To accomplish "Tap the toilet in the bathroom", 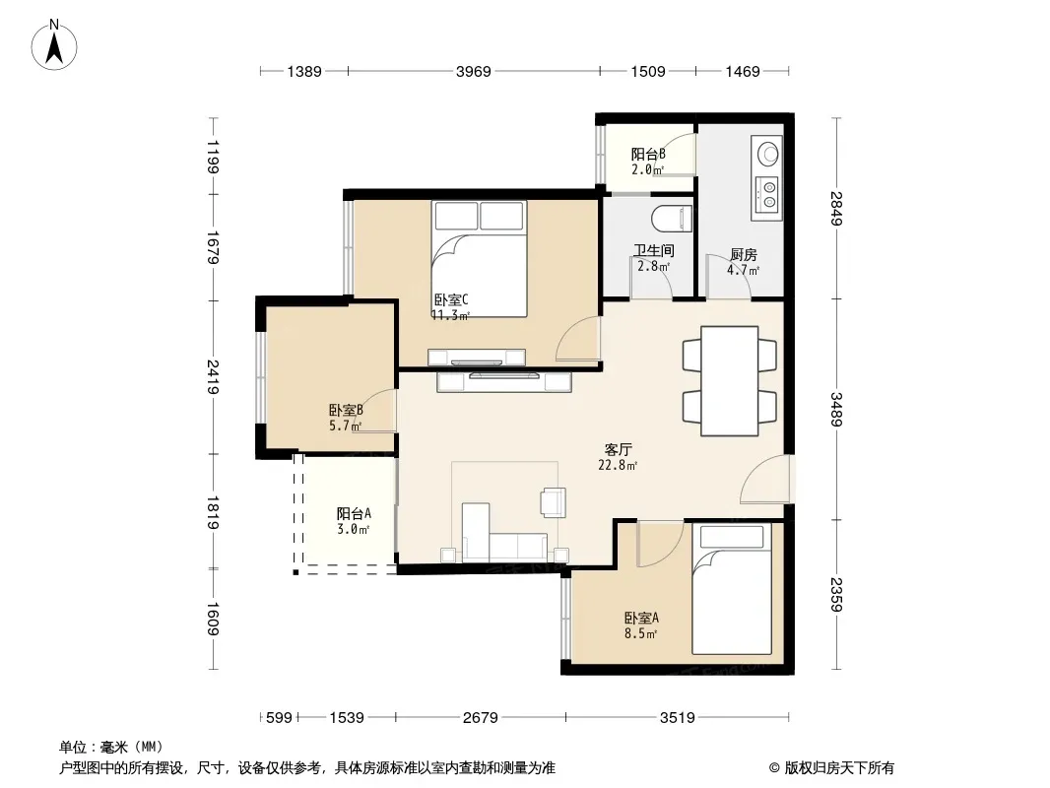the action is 672,218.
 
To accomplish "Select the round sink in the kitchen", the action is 767,154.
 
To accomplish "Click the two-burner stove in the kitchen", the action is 768,193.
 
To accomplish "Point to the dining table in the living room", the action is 730,381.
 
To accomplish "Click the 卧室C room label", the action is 451,299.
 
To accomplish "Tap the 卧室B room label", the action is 346,409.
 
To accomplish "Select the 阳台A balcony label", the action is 354,513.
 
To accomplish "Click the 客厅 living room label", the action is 618,449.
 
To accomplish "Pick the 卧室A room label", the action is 641,618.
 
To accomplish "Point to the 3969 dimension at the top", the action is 474,71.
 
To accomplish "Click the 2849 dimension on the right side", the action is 836,208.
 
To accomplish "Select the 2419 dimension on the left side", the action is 213,377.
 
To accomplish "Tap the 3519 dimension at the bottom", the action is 677,718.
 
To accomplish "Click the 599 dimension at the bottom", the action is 279,718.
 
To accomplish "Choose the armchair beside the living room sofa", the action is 554,502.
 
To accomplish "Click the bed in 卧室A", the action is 732,589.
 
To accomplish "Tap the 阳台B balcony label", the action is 648,154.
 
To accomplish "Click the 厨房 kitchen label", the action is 744,254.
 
